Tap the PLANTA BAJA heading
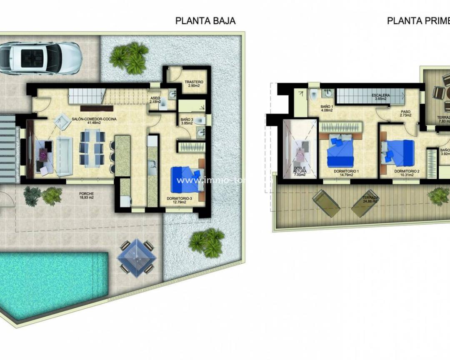(205, 21)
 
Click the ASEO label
(155, 99)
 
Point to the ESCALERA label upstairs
(381, 96)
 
